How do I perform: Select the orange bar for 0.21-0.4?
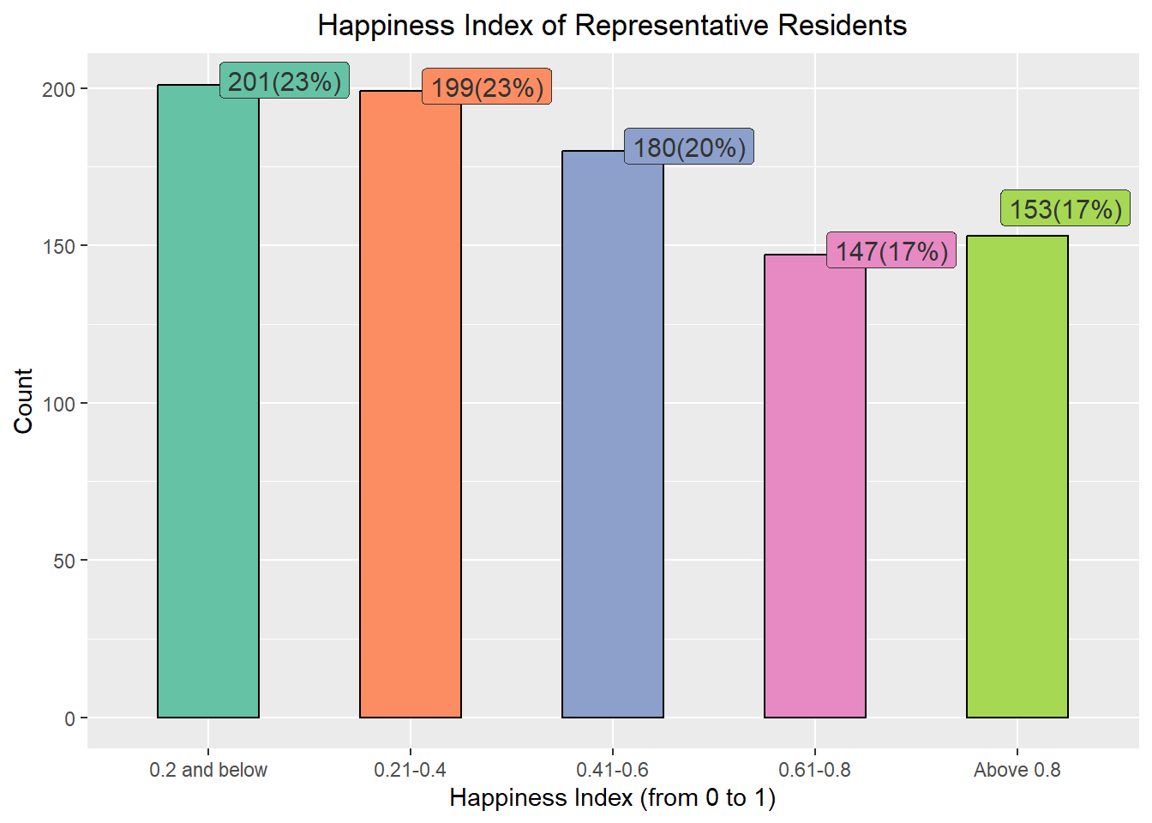pyautogui.click(x=411, y=404)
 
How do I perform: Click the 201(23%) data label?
pyautogui.click(x=285, y=81)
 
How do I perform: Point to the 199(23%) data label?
pyautogui.click(x=487, y=87)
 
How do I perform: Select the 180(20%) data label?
pyautogui.click(x=689, y=147)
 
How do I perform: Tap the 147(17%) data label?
pyautogui.click(x=891, y=250)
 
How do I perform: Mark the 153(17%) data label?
pyautogui.click(x=1065, y=209)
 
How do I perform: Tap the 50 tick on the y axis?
pyautogui.click(x=63, y=561)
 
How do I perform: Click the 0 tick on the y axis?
pyautogui.click(x=69, y=718)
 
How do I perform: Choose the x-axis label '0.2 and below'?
pyautogui.click(x=208, y=770)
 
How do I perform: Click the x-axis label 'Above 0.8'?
pyautogui.click(x=1017, y=770)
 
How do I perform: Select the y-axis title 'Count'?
pyautogui.click(x=23, y=401)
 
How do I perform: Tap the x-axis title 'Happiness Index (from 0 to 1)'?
pyautogui.click(x=612, y=798)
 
